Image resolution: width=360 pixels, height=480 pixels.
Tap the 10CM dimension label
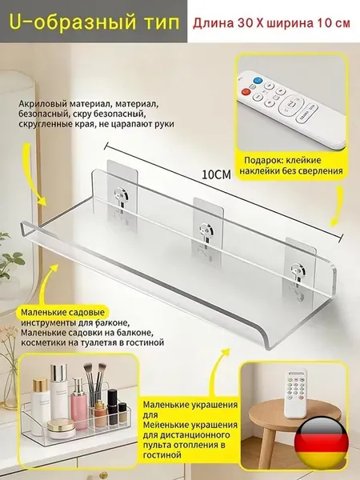[216, 174]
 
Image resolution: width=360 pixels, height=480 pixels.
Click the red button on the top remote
[246, 91]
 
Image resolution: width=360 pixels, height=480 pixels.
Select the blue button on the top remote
[258, 81]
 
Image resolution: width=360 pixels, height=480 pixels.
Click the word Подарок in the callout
[261, 161]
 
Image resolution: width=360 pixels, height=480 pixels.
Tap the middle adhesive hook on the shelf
[208, 230]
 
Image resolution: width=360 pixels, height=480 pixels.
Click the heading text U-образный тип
[94, 22]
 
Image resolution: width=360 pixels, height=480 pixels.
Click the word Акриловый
[42, 104]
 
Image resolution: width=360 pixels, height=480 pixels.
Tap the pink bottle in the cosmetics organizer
[79, 404]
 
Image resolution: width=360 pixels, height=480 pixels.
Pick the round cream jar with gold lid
[62, 429]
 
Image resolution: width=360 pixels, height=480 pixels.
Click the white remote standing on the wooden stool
[295, 394]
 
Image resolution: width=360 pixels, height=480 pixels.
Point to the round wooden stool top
[294, 414]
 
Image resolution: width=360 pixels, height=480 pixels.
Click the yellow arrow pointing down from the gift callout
[338, 206]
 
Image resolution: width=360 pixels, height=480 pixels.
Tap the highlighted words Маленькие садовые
[62, 313]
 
